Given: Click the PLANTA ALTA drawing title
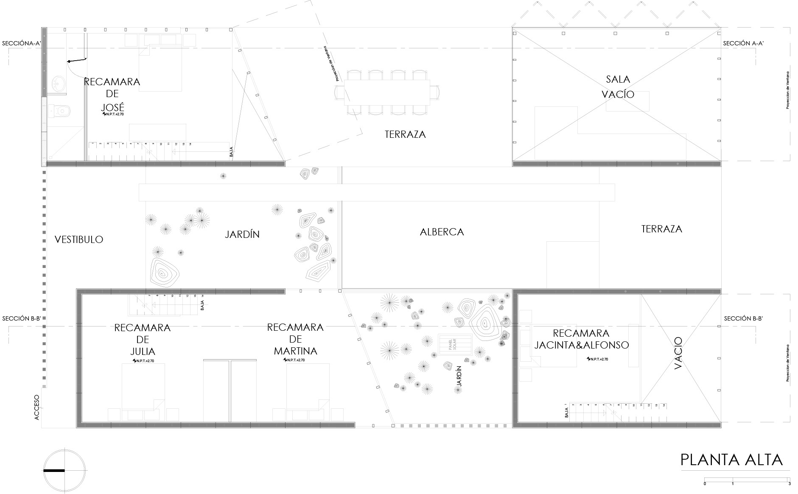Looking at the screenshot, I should (731, 460).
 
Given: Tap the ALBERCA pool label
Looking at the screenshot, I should (442, 232).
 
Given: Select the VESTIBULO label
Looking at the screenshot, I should (79, 240).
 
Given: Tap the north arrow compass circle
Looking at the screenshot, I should (64, 471).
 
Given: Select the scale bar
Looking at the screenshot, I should (747, 480).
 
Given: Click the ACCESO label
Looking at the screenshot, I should (36, 407).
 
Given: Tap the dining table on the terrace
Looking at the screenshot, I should (386, 92).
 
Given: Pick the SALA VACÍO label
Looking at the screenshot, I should (618, 87).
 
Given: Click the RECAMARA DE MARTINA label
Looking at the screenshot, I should (295, 339).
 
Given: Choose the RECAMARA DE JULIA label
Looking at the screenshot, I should (143, 339).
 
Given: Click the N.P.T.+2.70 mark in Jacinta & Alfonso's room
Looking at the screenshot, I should (597, 359).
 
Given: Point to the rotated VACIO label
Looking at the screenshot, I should (678, 353).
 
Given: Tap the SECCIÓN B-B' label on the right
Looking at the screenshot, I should (743, 318).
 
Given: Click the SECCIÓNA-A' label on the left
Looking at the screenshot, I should (21, 43).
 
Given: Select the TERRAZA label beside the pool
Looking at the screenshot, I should (661, 229).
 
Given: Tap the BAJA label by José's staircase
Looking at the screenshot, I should (231, 152).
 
